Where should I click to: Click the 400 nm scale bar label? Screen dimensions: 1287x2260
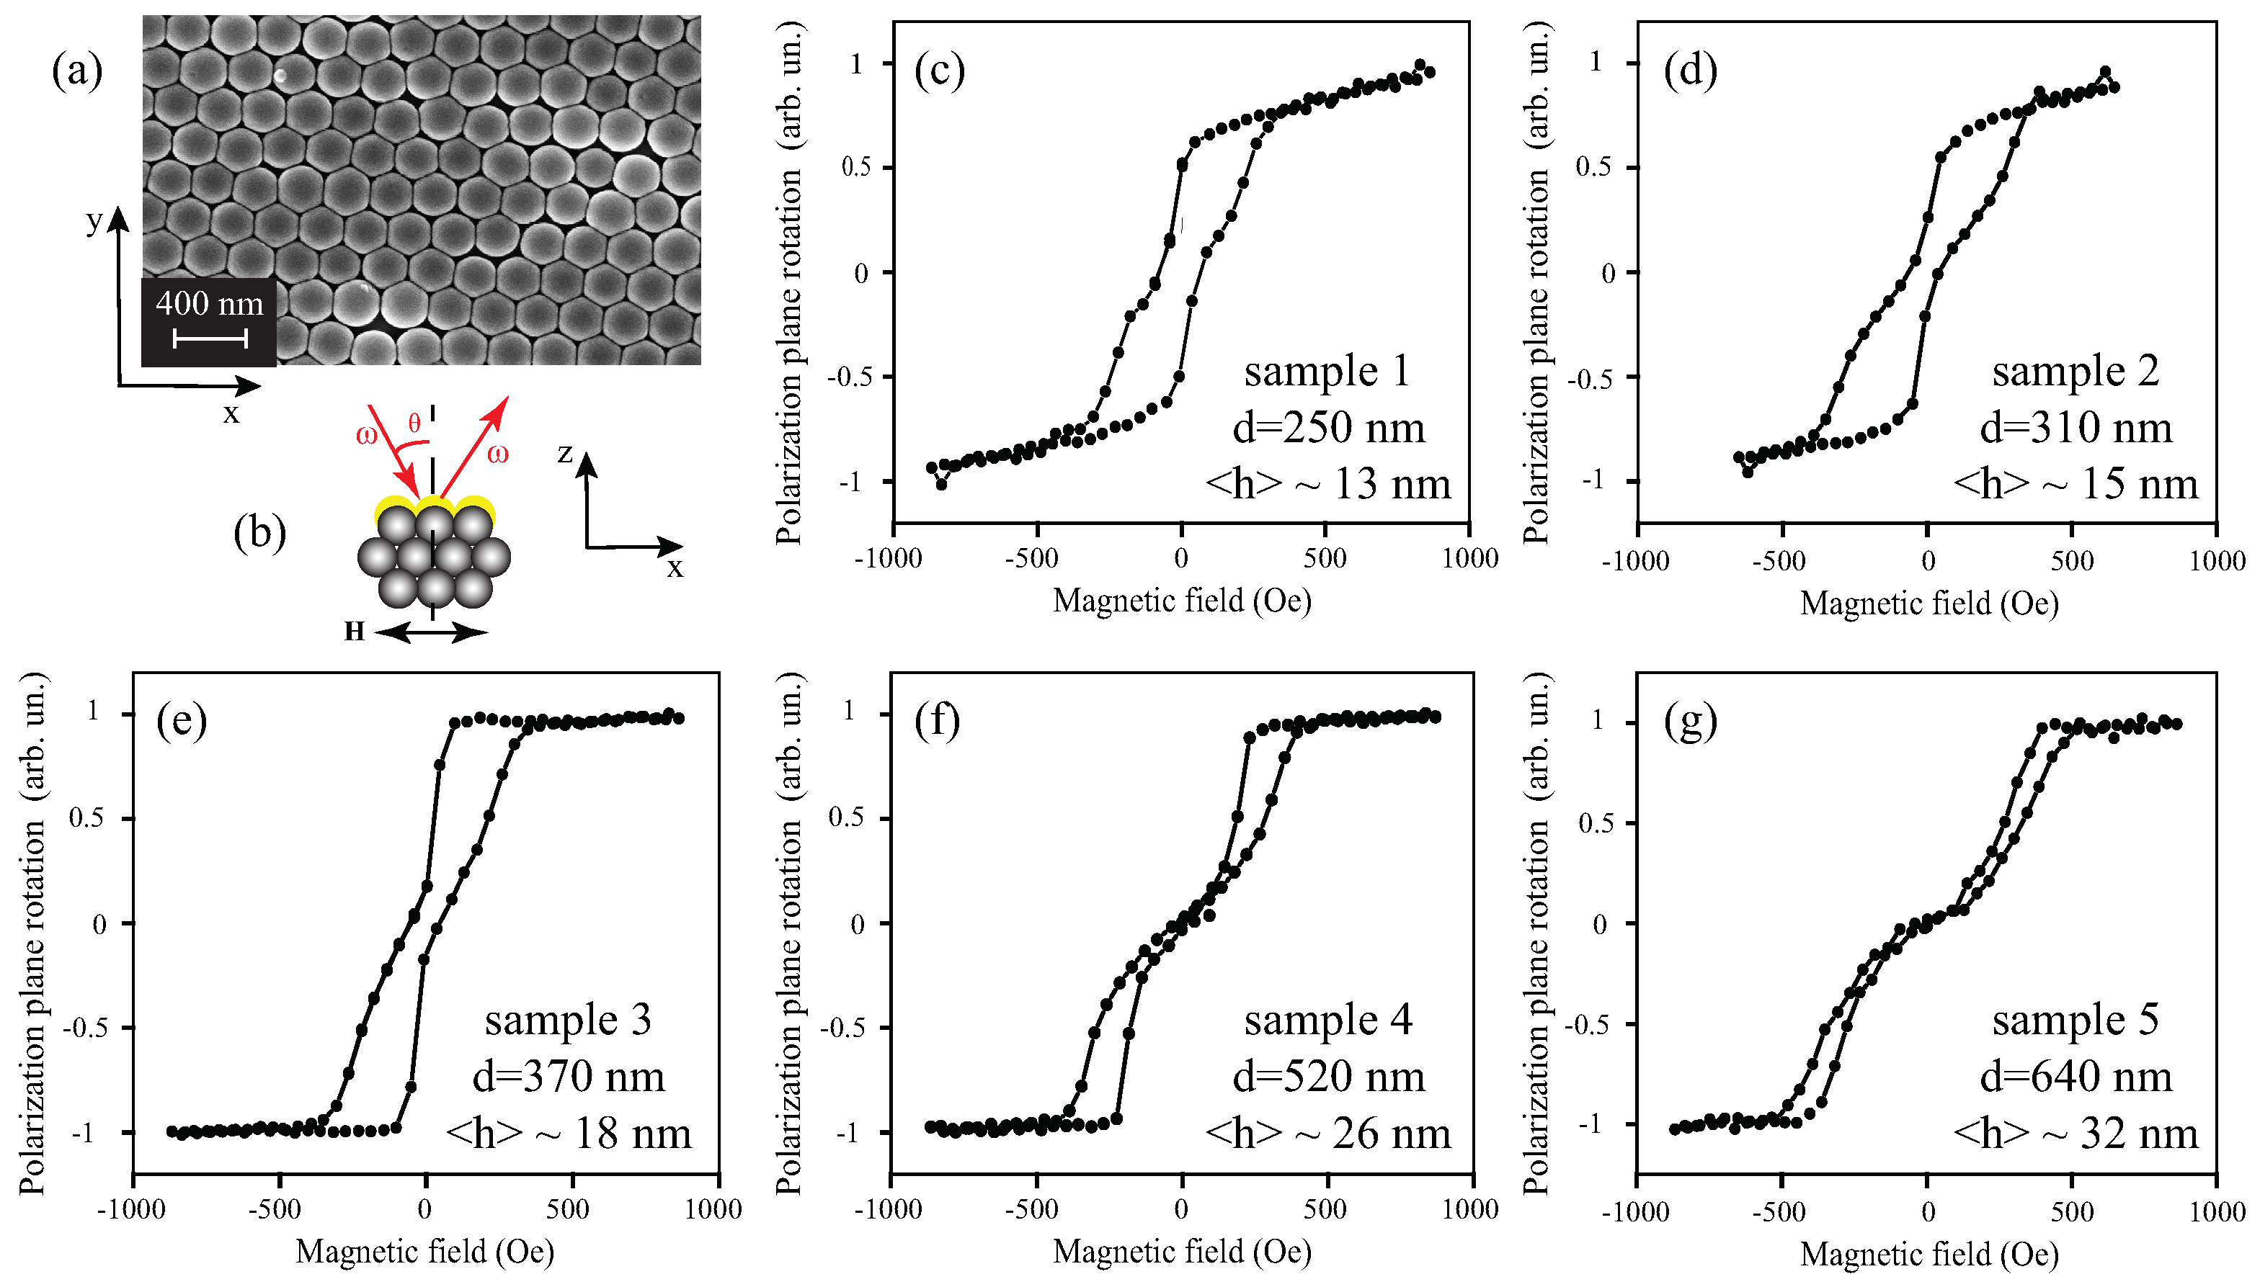pyautogui.click(x=209, y=304)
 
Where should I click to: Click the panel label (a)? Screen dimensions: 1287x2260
pyautogui.click(x=77, y=71)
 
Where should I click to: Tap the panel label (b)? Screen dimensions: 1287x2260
pyautogui.click(x=259, y=533)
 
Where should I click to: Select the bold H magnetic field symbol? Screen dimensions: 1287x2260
pyautogui.click(x=355, y=631)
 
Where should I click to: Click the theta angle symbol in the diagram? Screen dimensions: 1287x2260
pyautogui.click(x=414, y=423)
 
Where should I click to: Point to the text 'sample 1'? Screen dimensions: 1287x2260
pyautogui.click(x=1325, y=371)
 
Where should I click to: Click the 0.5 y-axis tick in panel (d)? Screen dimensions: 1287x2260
pyautogui.click(x=1594, y=167)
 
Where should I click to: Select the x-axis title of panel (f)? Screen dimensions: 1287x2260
pyautogui.click(x=1181, y=1252)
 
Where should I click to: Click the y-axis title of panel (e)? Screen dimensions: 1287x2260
pyautogui.click(x=32, y=932)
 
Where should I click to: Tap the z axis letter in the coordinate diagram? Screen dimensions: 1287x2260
pyautogui.click(x=566, y=454)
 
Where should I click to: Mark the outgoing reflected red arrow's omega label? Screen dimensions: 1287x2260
pyautogui.click(x=498, y=454)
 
